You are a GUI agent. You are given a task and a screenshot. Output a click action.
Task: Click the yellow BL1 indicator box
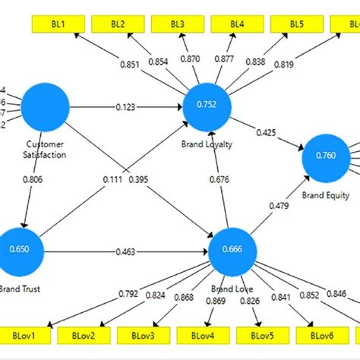(x=58, y=24)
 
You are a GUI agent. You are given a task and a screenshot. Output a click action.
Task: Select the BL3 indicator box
(x=177, y=24)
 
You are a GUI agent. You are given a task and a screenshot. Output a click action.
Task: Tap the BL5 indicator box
(x=296, y=24)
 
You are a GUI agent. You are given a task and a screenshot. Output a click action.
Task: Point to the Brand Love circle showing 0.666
(x=232, y=249)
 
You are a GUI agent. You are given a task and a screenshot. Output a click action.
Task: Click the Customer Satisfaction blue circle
(x=46, y=106)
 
